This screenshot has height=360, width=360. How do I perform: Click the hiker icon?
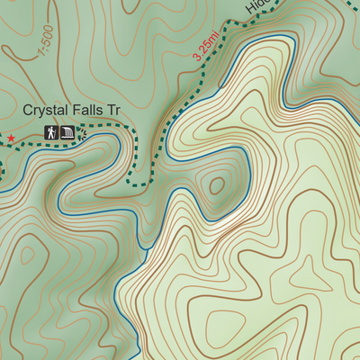[53, 133]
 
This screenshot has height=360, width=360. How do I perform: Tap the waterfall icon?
[68, 133]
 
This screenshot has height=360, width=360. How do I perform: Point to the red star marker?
[11, 138]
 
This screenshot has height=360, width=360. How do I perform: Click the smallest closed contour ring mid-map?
[216, 186]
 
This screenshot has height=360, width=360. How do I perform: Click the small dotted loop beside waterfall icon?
[82, 134]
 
